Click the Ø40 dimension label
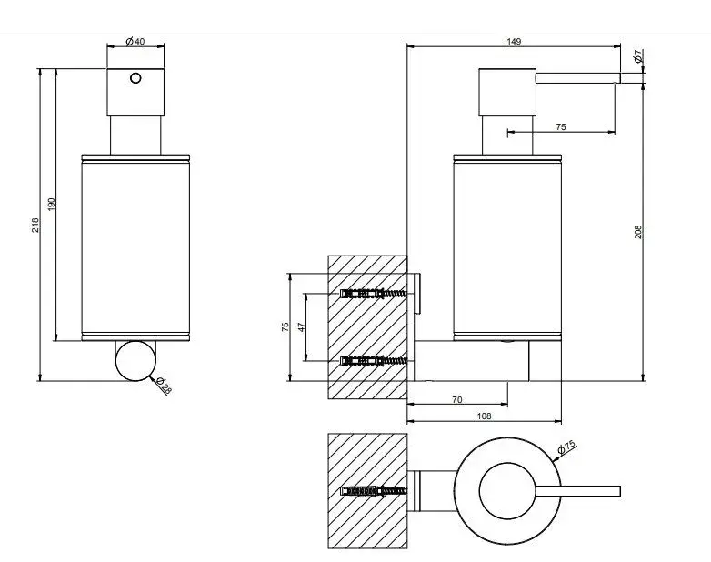[x=135, y=41]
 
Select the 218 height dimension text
[x=35, y=226]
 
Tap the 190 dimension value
[x=51, y=204]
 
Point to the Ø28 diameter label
[x=164, y=386]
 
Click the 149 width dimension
[x=514, y=41]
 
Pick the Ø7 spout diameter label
[x=637, y=56]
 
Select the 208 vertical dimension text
[x=638, y=232]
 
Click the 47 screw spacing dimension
[x=302, y=327]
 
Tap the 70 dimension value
[x=457, y=399]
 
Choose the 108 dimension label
[x=485, y=416]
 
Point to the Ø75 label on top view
[x=566, y=447]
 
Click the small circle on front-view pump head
[x=135, y=78]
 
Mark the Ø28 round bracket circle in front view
[x=135, y=361]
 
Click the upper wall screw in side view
[x=374, y=294]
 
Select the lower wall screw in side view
[x=374, y=361]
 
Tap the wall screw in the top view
[x=374, y=491]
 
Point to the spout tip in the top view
[x=620, y=491]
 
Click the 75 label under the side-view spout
[x=561, y=127]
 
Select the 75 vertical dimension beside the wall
[x=285, y=327]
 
